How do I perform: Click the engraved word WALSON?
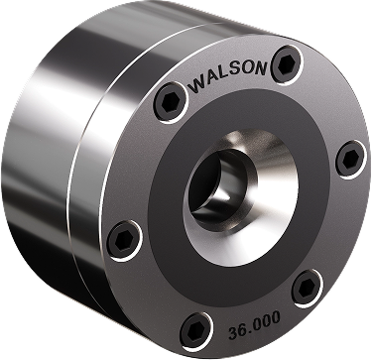point(228,76)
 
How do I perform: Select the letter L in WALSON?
point(229,74)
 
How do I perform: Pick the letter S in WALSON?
point(239,71)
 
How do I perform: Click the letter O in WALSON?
point(250,69)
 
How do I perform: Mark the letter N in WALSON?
point(261,68)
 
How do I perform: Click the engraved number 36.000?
point(254,325)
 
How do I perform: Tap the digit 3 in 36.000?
point(233,332)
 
